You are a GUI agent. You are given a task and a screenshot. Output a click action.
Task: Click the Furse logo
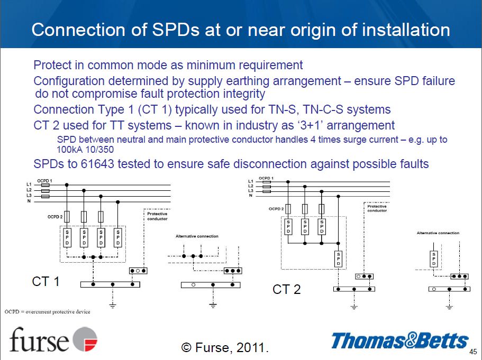tap(53, 339)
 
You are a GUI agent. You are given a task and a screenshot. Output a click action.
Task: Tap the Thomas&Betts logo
tap(399, 340)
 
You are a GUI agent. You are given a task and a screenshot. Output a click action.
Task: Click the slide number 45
tap(473, 352)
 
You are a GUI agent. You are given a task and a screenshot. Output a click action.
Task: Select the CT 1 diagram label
tap(46, 282)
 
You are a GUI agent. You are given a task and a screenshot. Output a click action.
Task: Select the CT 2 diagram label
tap(286, 289)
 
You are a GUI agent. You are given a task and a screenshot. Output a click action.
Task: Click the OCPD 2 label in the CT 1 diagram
tap(55, 217)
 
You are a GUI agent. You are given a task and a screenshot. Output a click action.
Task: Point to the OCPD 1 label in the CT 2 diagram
tap(266, 178)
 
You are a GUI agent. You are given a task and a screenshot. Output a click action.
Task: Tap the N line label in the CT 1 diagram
tap(29, 201)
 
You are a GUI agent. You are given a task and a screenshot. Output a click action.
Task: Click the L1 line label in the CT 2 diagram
tap(251, 181)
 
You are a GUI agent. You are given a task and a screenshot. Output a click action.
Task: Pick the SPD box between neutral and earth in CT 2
tap(339, 259)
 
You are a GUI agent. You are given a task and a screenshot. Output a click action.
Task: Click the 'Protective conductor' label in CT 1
tap(157, 216)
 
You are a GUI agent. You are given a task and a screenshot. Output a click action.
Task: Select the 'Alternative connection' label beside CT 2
tap(438, 233)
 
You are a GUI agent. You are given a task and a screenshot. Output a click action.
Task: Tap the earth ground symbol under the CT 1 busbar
tap(113, 305)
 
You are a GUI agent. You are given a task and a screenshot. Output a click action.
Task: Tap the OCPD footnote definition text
tap(47, 312)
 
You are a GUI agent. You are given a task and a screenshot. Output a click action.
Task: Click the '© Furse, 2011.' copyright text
tap(225, 347)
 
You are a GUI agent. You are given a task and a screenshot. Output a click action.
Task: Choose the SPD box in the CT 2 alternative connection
tap(434, 259)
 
